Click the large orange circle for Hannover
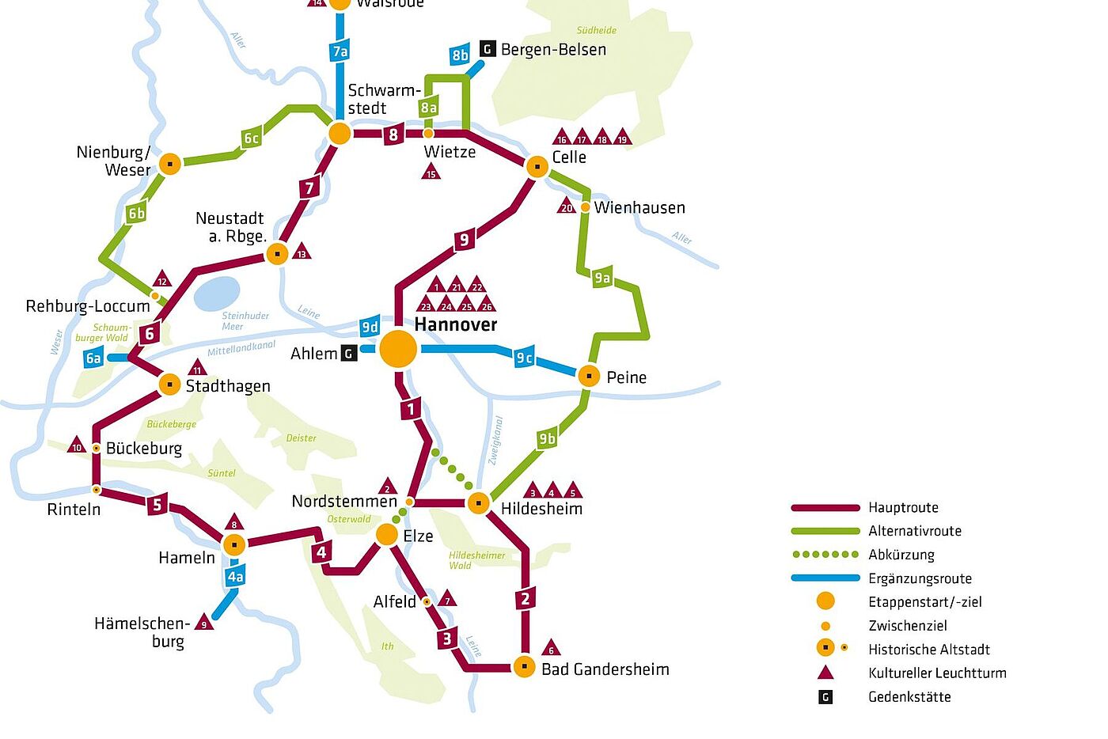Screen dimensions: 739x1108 click(398, 349)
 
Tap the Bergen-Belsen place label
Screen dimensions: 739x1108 click(553, 50)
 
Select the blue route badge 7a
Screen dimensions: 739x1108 click(340, 51)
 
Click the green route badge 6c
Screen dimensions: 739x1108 click(251, 138)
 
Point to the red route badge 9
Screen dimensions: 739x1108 click(464, 239)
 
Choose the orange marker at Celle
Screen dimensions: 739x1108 click(537, 167)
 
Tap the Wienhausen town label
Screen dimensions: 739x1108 click(639, 208)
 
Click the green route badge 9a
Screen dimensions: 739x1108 click(602, 277)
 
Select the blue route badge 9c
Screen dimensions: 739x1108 click(524, 358)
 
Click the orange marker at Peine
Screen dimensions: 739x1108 click(589, 376)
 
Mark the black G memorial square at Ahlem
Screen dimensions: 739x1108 click(349, 354)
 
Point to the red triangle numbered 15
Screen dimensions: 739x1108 click(431, 172)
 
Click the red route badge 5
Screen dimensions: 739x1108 click(157, 504)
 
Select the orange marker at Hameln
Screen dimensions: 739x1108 click(234, 544)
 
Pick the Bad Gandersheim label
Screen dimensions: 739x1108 click(605, 669)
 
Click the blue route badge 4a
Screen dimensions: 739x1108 click(235, 577)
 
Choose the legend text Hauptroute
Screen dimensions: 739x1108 click(903, 508)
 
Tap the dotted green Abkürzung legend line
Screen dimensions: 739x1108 click(825, 555)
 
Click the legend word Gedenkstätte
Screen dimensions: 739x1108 click(909, 697)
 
